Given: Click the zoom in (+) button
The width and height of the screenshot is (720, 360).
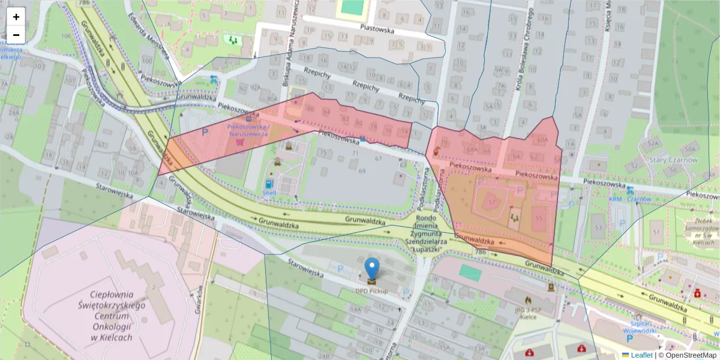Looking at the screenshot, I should (16, 17).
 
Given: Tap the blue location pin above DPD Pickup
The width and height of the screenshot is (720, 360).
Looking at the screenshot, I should (373, 269).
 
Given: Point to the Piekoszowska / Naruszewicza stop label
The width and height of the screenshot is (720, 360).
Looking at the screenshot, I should (248, 131).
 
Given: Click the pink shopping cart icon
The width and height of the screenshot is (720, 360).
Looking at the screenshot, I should (240, 143).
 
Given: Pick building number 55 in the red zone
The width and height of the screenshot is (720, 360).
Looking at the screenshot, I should (538, 218).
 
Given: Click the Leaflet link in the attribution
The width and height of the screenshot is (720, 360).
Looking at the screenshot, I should (641, 355).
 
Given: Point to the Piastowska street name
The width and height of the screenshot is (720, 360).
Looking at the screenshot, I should (376, 28).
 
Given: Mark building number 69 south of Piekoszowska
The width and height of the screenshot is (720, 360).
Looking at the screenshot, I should (362, 172).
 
